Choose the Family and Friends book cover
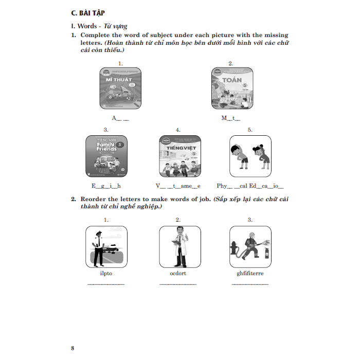point(106,156)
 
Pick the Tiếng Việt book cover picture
point(178,156)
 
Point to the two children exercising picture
point(249,156)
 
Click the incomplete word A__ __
point(120,119)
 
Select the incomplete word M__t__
point(230,119)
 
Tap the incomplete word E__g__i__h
point(106,186)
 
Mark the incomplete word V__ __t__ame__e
point(178,186)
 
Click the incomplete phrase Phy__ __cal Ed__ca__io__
point(250,186)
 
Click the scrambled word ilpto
point(106,274)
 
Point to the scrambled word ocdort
point(178,274)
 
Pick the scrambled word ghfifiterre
point(250,274)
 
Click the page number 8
point(73,348)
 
